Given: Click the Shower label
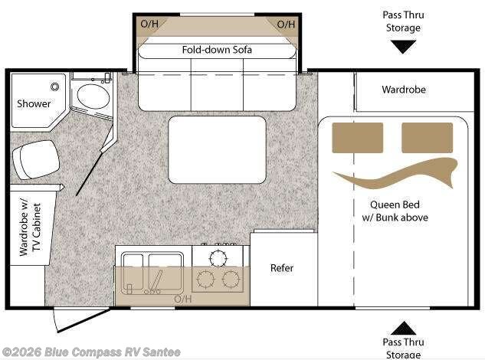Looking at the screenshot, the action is coord(34,103).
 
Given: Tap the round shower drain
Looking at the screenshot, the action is coord(54,87).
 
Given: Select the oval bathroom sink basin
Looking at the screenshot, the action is coord(93,97).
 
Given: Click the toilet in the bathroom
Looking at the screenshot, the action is coord(36,159).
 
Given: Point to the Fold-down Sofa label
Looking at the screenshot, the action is coord(217,50).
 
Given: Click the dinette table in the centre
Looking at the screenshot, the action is coord(217,150).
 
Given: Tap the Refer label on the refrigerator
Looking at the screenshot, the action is coord(282,268).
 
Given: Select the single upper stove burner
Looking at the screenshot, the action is coord(218,257).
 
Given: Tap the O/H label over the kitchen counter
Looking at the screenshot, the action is coord(183,299).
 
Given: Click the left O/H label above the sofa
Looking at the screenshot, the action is coord(149,24).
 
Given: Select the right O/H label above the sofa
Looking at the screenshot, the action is coord(286,24).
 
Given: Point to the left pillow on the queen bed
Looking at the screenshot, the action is coord(358,138).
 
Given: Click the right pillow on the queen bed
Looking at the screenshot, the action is coord(428,138).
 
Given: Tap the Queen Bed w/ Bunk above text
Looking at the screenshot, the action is coord(395,211).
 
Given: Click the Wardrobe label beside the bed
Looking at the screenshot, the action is coord(404,90).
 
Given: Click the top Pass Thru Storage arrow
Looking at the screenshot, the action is coord(403,47).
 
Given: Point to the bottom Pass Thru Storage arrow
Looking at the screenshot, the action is coord(403,328).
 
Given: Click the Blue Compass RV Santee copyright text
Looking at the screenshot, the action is coord(91,352).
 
